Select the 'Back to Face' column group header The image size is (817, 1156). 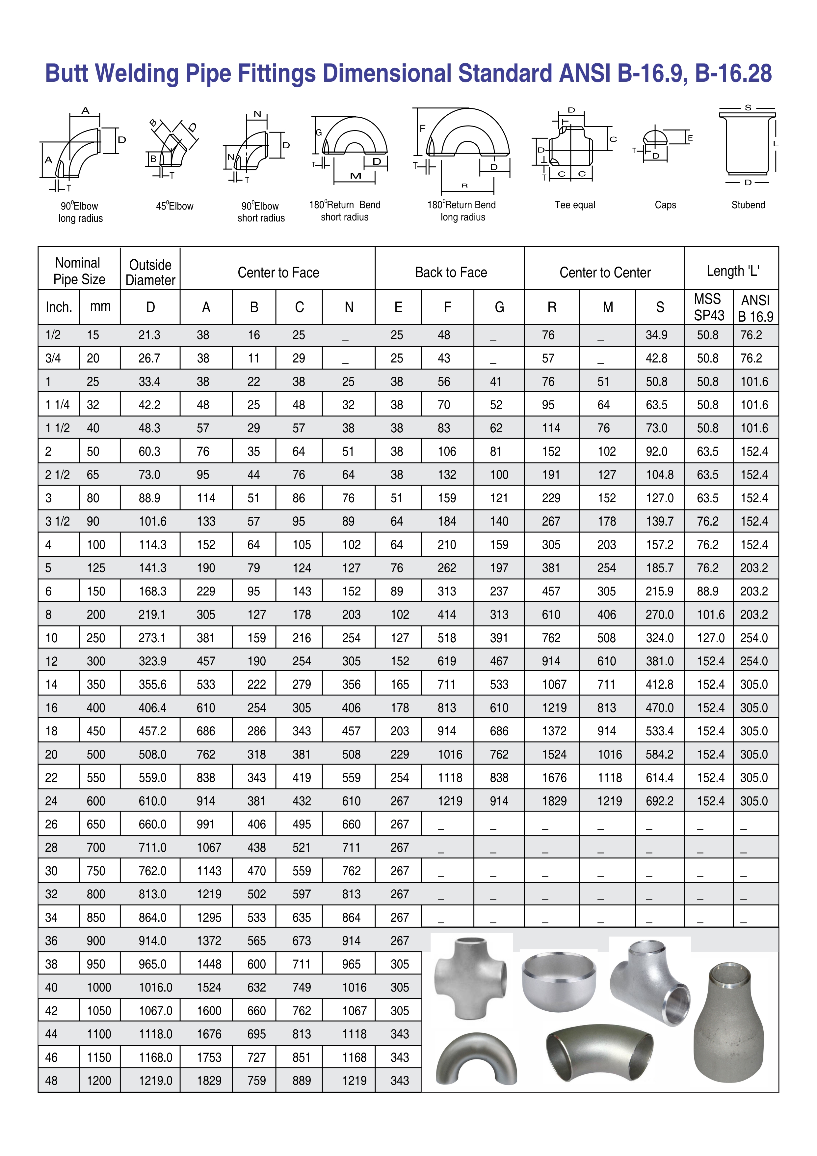451,273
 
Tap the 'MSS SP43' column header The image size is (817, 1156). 709,307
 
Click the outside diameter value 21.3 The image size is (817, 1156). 149,335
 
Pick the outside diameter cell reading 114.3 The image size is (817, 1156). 152,545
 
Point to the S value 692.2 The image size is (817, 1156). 660,801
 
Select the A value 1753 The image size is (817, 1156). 209,1057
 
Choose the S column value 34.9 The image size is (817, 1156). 656,335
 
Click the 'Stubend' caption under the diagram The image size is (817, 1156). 748,205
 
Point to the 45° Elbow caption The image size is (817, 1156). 174,206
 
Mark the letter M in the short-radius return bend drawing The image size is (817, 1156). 356,176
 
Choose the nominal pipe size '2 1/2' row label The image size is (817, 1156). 57,475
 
